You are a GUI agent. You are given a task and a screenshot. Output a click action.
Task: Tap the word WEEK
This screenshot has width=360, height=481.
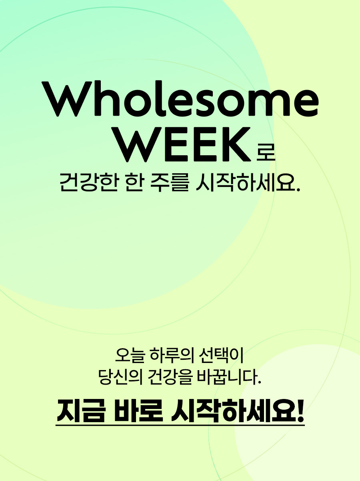coord(186,145)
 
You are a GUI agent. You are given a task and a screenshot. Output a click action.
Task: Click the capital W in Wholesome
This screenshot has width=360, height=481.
coord(66,99)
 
